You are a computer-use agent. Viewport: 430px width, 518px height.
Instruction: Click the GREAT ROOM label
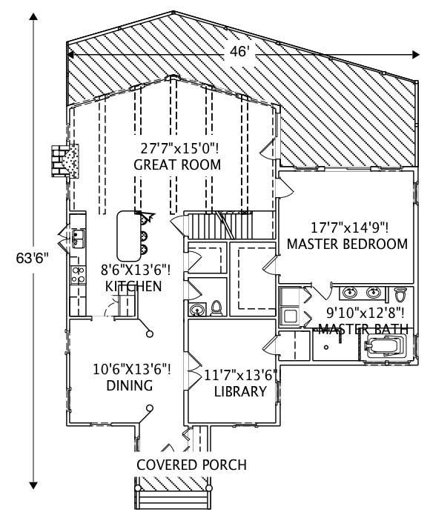[x=177, y=165]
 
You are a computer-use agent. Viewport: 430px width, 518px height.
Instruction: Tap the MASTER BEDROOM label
[x=347, y=244]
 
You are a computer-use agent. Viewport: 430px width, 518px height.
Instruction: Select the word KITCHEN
[x=133, y=286]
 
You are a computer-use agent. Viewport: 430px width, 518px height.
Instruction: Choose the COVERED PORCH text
[x=191, y=465]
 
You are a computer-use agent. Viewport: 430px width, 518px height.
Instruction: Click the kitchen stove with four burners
[x=77, y=275]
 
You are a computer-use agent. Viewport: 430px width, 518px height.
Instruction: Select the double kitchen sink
[x=78, y=239]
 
